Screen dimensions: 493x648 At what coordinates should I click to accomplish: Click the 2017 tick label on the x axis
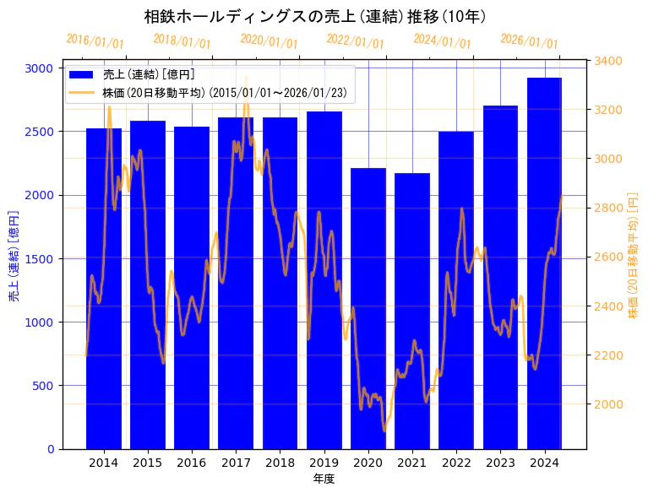coord(236,463)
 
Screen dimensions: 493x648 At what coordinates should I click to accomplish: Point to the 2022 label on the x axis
coord(456,463)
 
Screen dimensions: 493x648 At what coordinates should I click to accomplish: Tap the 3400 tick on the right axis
coord(610,61)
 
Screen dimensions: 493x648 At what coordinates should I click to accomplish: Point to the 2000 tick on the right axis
coord(610,404)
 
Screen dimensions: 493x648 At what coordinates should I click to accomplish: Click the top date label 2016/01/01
coord(95,41)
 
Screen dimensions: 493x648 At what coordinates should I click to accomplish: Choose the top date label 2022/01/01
coord(355,41)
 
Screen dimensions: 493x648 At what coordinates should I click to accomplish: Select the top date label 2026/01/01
coord(529,41)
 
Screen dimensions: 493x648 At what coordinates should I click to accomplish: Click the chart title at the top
coord(314,17)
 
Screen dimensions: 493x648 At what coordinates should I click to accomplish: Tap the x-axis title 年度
coord(324,479)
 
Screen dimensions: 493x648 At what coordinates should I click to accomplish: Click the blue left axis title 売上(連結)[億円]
coord(14,257)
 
